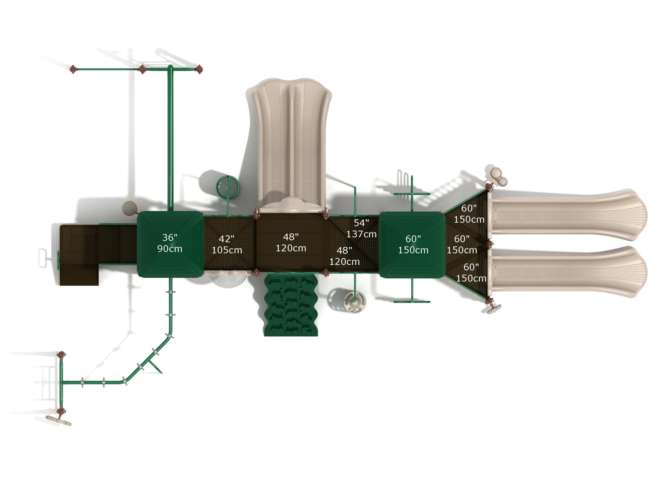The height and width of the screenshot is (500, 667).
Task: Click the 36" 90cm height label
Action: (170, 243)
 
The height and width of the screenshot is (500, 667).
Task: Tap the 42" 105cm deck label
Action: (227, 245)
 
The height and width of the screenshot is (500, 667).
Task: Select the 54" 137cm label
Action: (361, 228)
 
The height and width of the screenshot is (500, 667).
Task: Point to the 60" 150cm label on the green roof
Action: (413, 245)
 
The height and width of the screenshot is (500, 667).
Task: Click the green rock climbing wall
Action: (291, 306)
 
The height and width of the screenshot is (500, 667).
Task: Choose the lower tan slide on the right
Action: (567, 272)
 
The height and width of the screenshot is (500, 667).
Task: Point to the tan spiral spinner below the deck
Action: (355, 301)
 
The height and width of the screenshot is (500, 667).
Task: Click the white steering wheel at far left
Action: (43, 258)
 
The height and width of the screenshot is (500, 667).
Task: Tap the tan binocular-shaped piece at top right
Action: (498, 176)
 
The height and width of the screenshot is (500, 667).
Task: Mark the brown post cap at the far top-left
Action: (73, 69)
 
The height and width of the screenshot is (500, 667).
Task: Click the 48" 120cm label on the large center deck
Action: (291, 243)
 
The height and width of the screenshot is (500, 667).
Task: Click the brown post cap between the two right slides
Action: (490, 243)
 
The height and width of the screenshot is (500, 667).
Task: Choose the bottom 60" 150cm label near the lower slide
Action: (471, 272)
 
